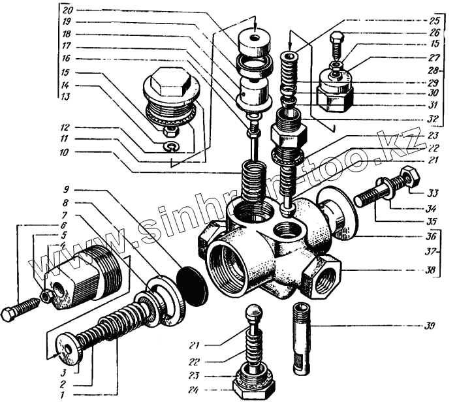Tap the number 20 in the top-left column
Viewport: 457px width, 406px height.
pos(67,10)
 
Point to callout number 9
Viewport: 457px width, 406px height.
pos(67,191)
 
